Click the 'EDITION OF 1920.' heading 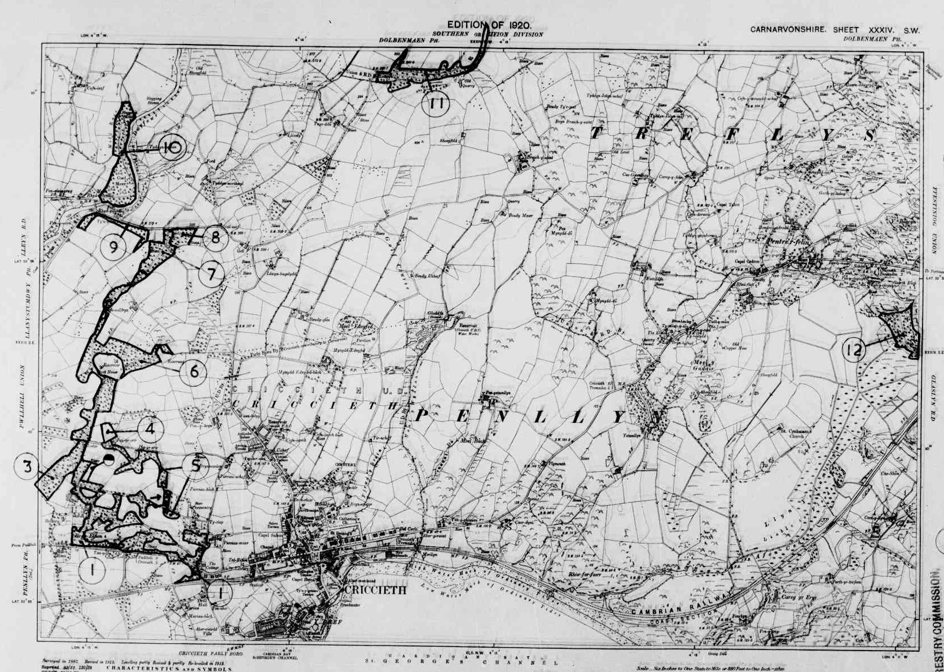[x=489, y=25]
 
